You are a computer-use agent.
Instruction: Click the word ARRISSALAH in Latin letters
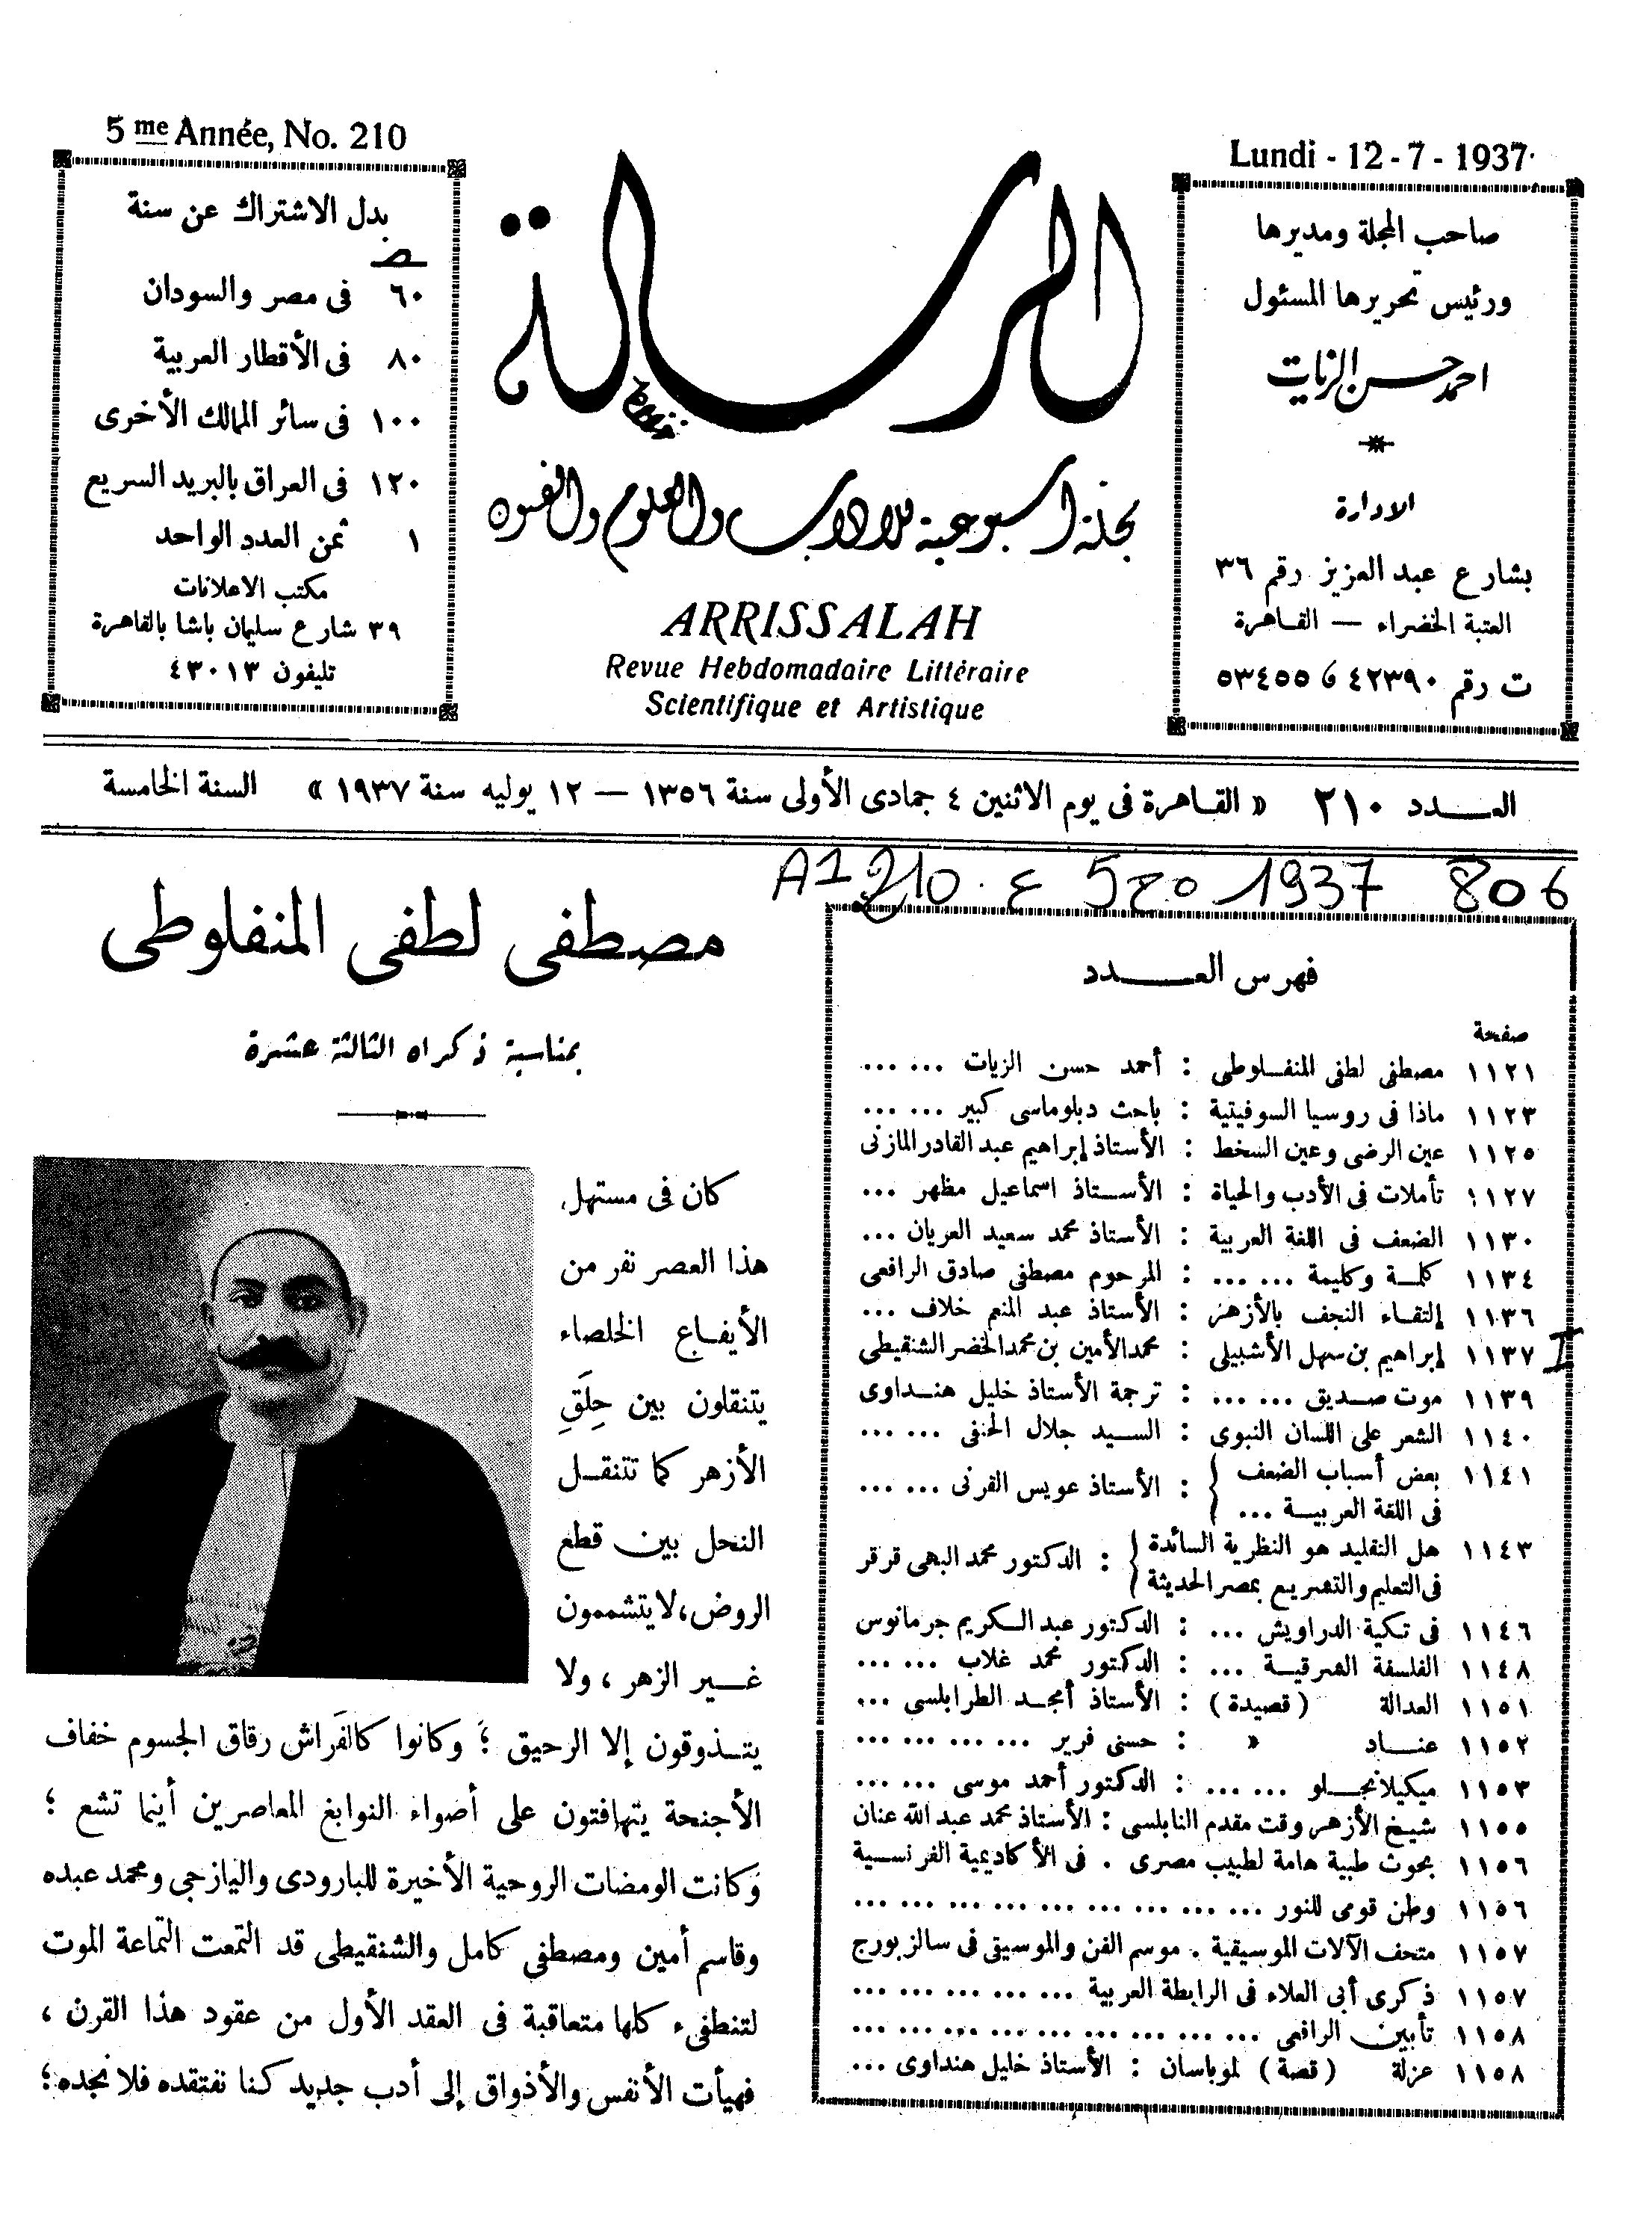click(x=822, y=623)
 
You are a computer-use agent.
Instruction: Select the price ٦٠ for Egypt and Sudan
click(x=403, y=295)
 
